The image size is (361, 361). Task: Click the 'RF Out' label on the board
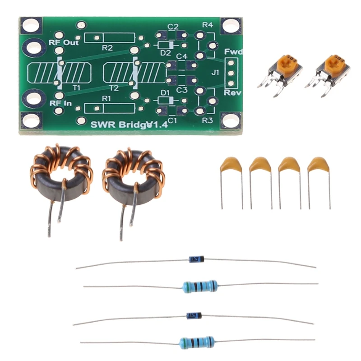pyautogui.click(x=64, y=43)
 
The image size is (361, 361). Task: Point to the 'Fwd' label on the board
pyautogui.click(x=233, y=52)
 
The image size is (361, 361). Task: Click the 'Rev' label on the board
pyautogui.click(x=233, y=93)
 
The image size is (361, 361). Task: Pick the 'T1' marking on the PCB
pyautogui.click(x=76, y=88)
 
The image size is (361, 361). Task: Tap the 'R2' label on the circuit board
pyautogui.click(x=107, y=47)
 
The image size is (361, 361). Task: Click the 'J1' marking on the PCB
pyautogui.click(x=215, y=72)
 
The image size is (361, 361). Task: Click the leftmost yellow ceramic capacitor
pyautogui.click(x=231, y=165)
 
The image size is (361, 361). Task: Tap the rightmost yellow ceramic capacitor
pyautogui.click(x=318, y=165)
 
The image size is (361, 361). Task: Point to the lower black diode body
pyautogui.click(x=194, y=315)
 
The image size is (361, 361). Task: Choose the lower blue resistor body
pyautogui.click(x=197, y=342)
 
